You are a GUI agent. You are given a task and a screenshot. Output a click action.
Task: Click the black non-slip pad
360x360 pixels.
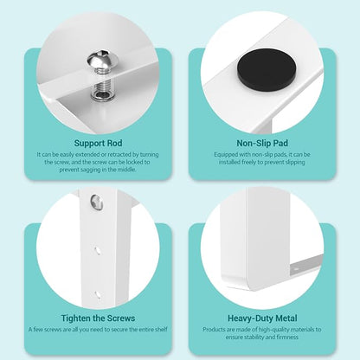pyautogui.click(x=266, y=70)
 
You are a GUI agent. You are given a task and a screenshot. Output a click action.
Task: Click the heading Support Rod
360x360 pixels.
pyautogui.click(x=98, y=143)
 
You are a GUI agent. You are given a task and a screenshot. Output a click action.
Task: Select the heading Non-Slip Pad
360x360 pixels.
pyautogui.click(x=262, y=143)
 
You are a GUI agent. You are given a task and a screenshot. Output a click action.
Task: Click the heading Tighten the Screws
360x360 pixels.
pyautogui.click(x=98, y=318)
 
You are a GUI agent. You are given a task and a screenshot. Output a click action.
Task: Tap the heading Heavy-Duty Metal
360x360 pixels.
pyautogui.click(x=262, y=318)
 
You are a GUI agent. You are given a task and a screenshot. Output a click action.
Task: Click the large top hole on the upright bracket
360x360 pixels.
pyautogui.click(x=97, y=202)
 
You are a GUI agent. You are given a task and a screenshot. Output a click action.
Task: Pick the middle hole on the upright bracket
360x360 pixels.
pyautogui.click(x=98, y=250)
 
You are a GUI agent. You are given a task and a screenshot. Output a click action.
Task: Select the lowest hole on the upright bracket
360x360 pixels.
pyautogui.click(x=98, y=294)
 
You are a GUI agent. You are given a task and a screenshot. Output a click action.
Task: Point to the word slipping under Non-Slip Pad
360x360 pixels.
pyautogui.click(x=295, y=162)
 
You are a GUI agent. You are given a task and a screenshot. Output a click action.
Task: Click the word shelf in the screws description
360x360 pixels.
pyautogui.click(x=161, y=329)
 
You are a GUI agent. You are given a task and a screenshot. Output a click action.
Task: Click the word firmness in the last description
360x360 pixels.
pyautogui.click(x=287, y=337)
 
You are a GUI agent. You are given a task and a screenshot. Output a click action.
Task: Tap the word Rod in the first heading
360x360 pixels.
pyautogui.click(x=114, y=143)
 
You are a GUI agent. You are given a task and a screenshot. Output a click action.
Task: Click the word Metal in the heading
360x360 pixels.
pyautogui.click(x=286, y=318)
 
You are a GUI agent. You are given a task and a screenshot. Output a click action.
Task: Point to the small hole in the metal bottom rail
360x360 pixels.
pyautogui.click(x=295, y=268)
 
